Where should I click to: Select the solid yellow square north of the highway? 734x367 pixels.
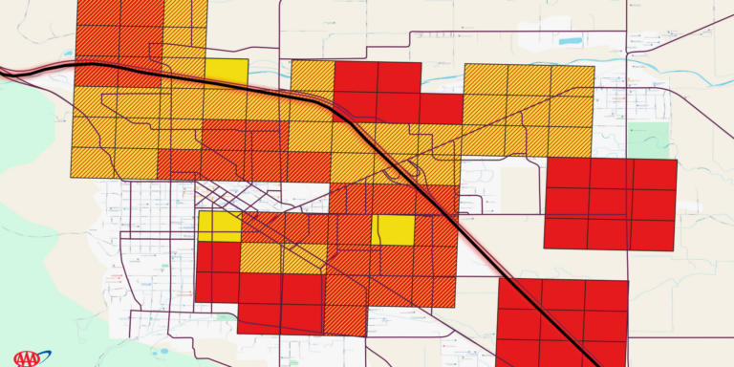tap(227, 71)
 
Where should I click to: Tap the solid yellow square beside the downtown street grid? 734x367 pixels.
tap(220, 227)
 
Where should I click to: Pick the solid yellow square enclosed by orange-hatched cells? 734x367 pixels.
tap(393, 230)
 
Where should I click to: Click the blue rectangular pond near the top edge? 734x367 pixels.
tap(570, 42)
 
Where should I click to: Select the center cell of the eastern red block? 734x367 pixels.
tap(610, 203)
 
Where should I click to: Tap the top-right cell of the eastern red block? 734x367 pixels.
tap(654, 174)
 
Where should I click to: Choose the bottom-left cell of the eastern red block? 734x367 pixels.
tap(566, 232)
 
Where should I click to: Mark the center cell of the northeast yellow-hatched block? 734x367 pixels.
tap(529, 110)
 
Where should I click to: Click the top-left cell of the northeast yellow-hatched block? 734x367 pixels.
tap(486, 79)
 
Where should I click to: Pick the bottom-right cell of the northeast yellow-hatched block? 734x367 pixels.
tap(572, 140)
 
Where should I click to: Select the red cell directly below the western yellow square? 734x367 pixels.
tap(218, 257)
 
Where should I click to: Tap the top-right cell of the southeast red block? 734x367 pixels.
tap(606, 295)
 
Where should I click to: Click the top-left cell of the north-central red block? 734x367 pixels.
tap(356, 77)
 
